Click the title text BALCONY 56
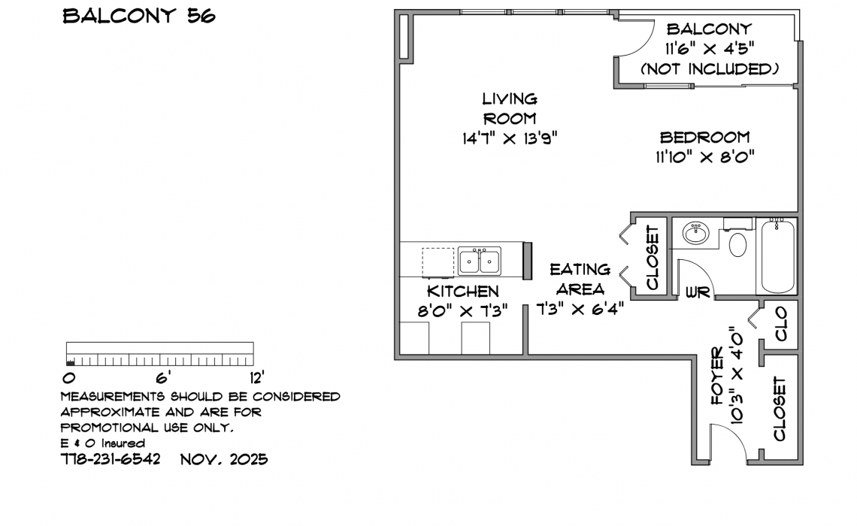[x=139, y=16]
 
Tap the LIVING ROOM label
[x=510, y=109]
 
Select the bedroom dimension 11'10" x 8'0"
[x=705, y=157]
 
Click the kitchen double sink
[x=480, y=261]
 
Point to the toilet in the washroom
[x=738, y=245]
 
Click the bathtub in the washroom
[x=777, y=256]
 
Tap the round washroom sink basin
[x=696, y=233]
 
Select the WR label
[x=698, y=292]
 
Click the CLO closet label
[x=781, y=323]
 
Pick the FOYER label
[x=716, y=376]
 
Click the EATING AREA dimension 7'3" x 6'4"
[x=580, y=310]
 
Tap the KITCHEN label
[x=463, y=291]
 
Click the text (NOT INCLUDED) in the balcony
[x=710, y=69]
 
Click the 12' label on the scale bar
[x=257, y=377]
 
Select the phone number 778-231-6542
[x=111, y=459]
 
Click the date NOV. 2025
[x=224, y=459]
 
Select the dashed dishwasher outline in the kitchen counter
[x=438, y=263]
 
